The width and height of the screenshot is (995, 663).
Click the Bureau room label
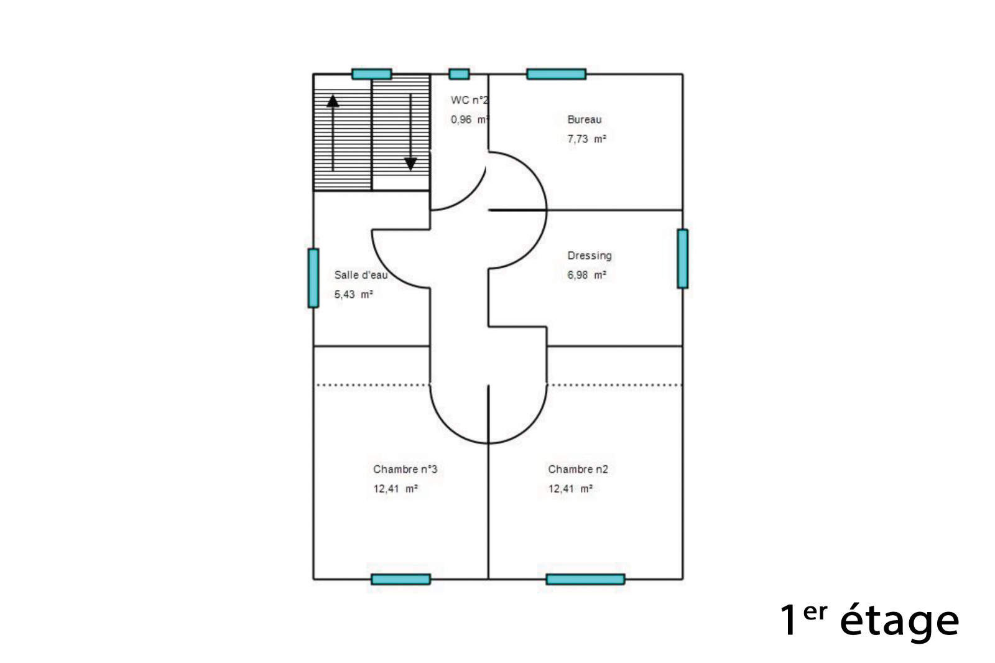point(585,119)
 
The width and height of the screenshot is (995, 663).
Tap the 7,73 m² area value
point(587,139)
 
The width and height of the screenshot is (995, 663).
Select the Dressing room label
point(590,256)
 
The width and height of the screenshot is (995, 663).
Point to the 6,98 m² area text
point(587,275)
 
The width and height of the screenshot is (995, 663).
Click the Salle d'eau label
point(361,275)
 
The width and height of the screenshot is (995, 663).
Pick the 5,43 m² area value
point(354,294)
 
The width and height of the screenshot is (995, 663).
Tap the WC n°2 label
point(470,100)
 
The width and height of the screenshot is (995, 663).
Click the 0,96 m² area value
point(470,119)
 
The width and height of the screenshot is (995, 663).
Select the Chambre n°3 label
point(405,469)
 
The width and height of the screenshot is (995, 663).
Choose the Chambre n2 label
point(578,469)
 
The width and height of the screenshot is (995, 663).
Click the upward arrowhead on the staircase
point(333,101)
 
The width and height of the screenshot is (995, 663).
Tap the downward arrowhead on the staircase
point(410,164)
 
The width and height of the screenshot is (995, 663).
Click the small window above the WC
point(460,74)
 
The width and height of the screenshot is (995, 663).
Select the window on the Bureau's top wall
point(556,74)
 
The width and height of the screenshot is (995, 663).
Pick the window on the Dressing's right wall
point(683,259)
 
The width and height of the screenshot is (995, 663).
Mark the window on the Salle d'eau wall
point(313,278)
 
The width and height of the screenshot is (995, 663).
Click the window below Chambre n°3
point(400,579)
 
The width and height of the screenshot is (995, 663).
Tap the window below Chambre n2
point(585,579)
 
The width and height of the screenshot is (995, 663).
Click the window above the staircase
point(372,74)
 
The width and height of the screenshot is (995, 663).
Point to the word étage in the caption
point(899,620)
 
